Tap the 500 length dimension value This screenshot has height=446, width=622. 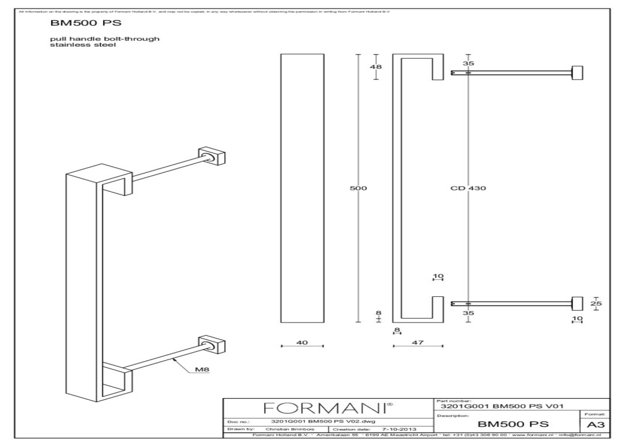click(x=360, y=189)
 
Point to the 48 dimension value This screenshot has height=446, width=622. click(x=376, y=67)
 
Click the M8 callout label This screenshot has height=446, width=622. click(x=203, y=370)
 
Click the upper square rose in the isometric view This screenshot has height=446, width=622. click(x=212, y=157)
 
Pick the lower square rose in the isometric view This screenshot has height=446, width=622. click(x=212, y=345)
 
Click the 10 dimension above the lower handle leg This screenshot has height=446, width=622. click(x=438, y=277)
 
